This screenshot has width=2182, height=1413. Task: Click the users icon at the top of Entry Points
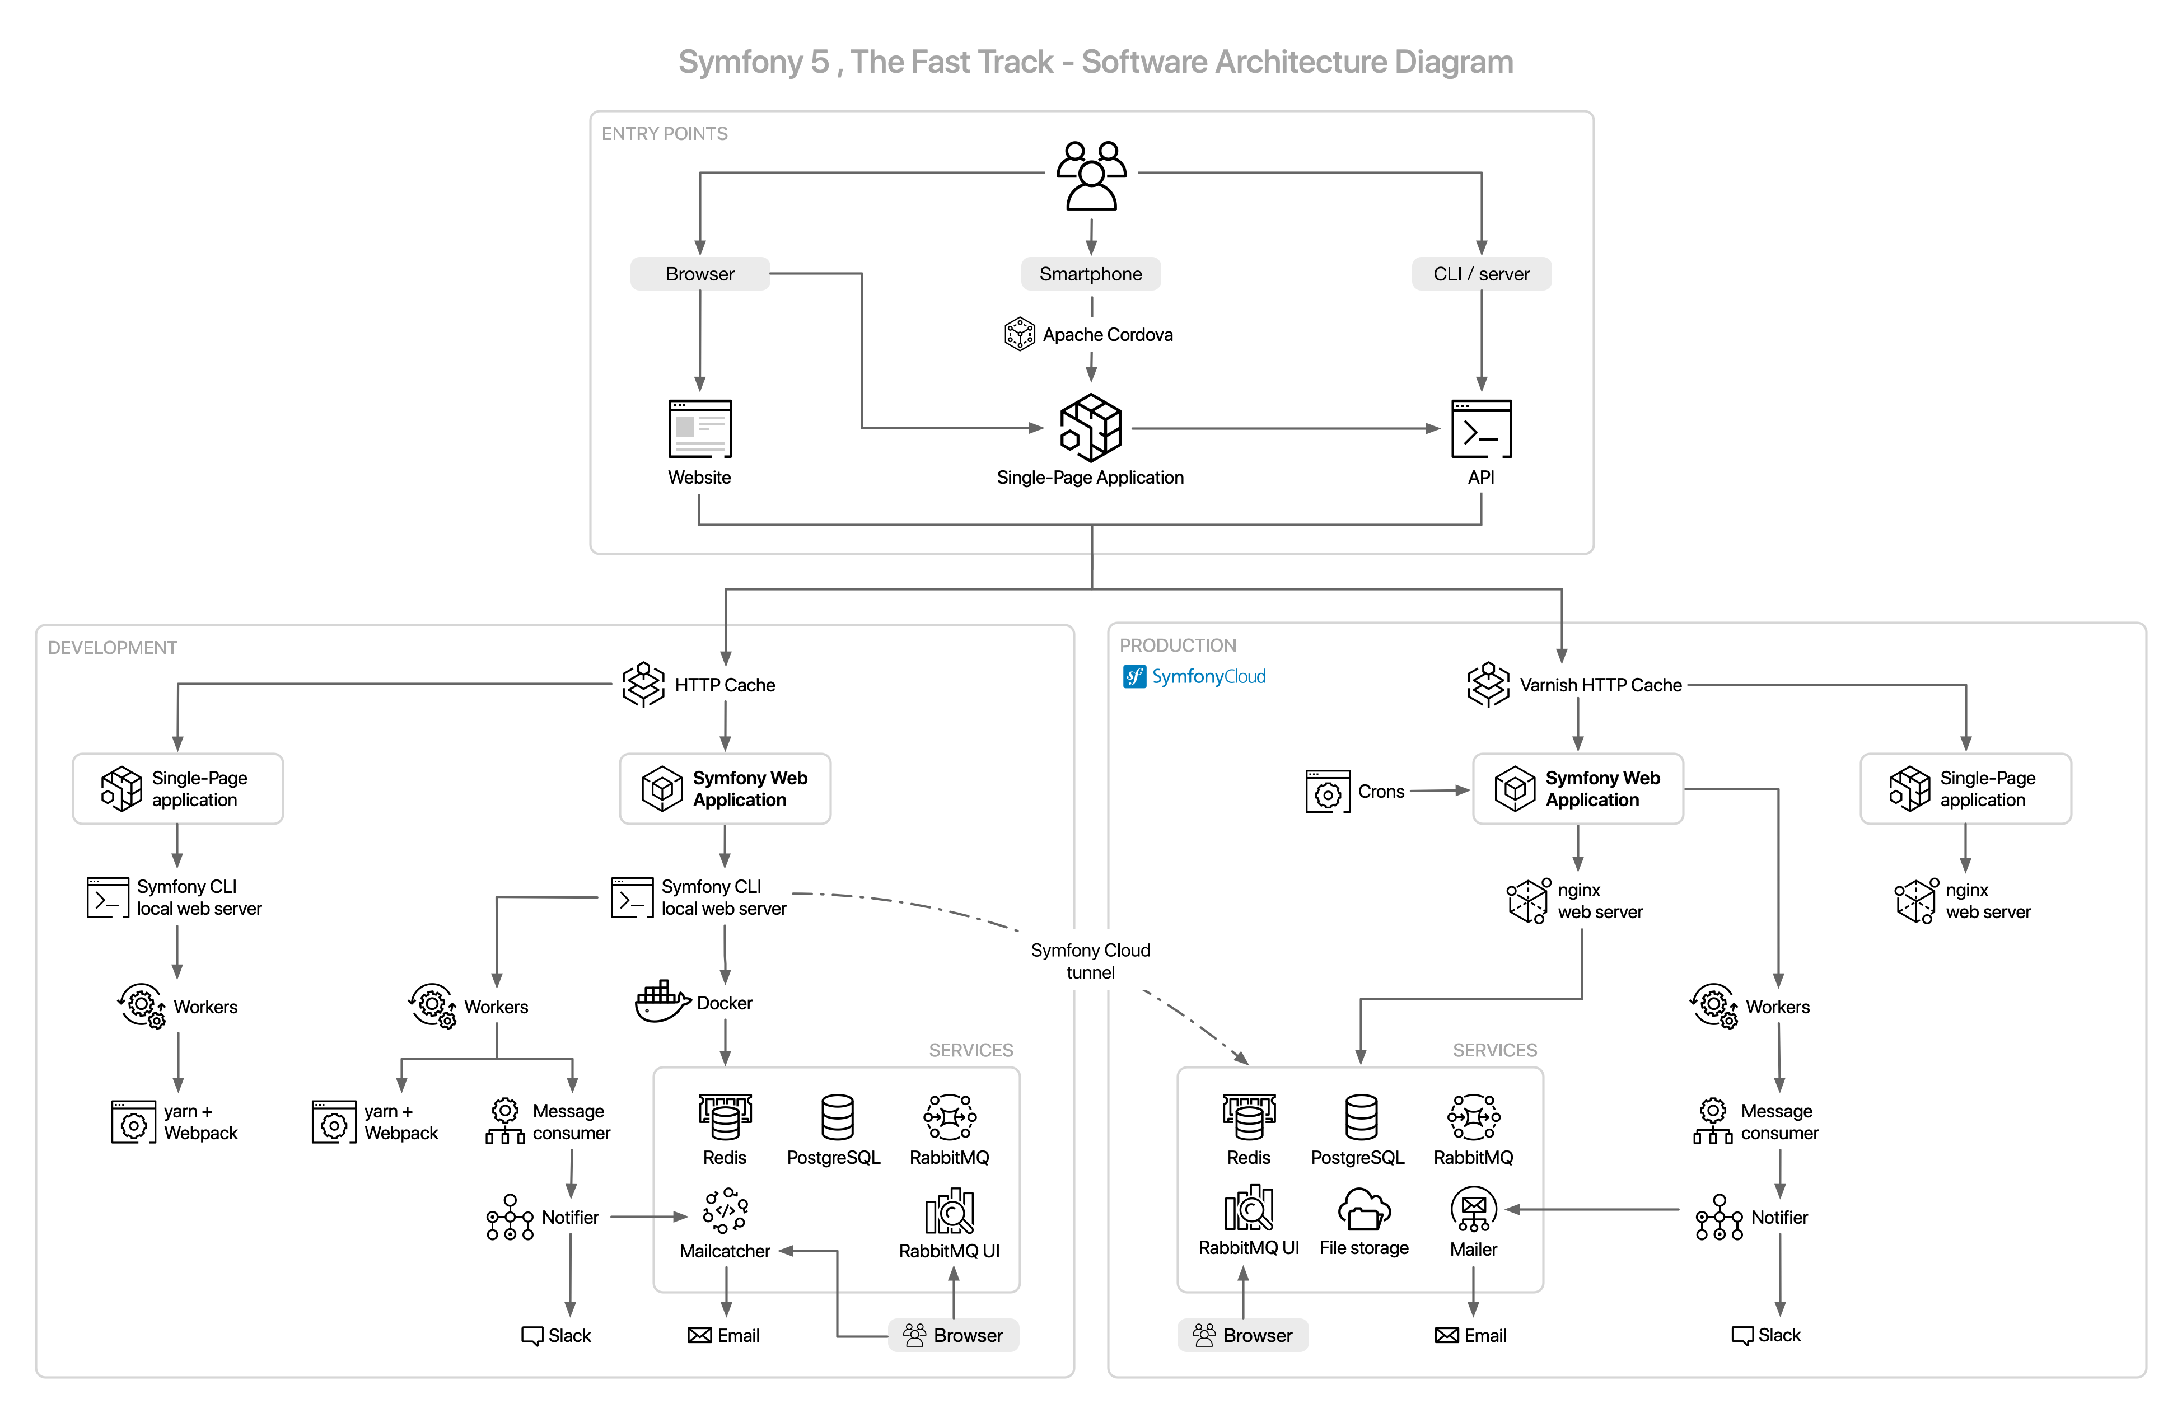(1090, 176)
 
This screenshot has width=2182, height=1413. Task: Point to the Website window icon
(699, 428)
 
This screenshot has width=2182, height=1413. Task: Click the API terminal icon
(1480, 428)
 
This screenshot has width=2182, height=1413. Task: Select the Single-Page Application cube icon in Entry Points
(1090, 427)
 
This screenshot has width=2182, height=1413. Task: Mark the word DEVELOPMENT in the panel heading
(112, 647)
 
